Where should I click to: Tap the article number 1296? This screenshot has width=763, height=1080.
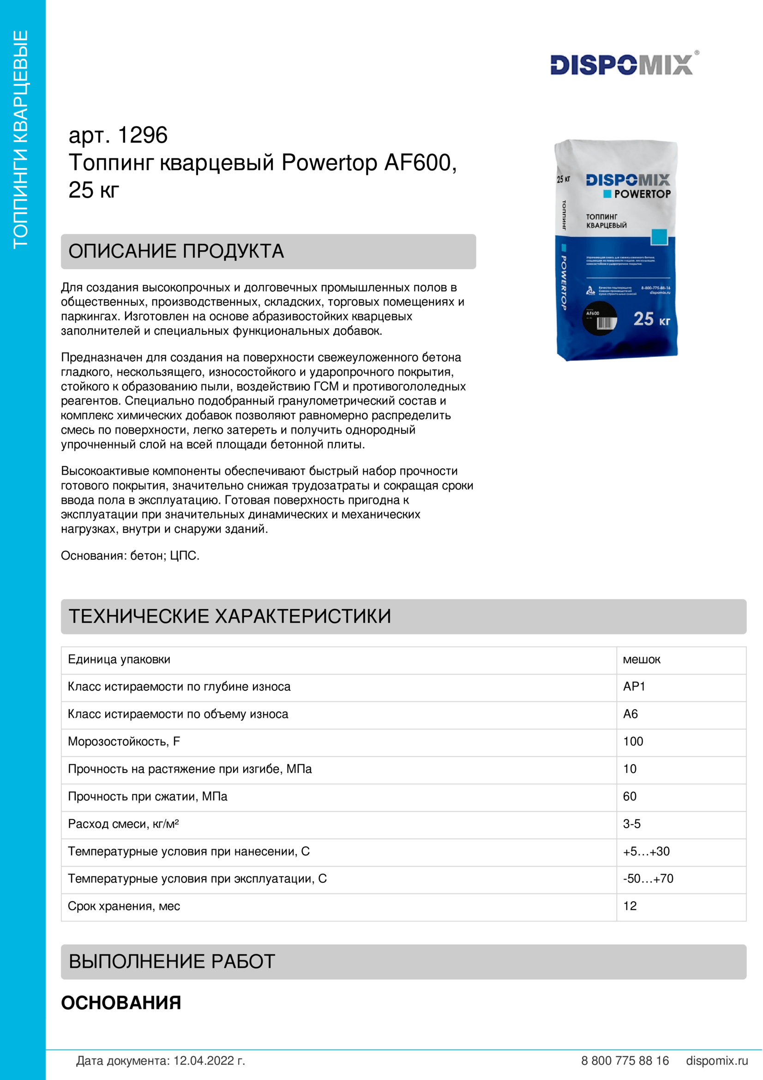point(143,135)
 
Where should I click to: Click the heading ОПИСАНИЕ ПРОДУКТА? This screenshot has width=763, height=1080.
point(176,251)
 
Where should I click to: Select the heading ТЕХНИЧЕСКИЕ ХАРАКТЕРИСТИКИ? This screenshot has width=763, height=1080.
point(230,616)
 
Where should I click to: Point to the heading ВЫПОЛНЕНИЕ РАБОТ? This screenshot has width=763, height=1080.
point(172,961)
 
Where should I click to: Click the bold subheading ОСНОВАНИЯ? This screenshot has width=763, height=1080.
point(121,1002)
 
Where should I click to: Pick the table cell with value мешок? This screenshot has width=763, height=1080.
point(641,659)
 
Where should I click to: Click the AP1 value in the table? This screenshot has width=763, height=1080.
point(634,687)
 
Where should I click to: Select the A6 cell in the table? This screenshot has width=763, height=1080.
point(630,714)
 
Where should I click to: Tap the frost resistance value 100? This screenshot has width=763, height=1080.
point(633,742)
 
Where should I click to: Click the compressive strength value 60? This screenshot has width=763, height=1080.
point(630,796)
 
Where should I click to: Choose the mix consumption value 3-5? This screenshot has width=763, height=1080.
point(631,824)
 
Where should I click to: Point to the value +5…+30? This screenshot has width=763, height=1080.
point(646,851)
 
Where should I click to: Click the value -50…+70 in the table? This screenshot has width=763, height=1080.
point(648,878)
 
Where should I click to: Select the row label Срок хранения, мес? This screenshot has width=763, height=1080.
point(124,906)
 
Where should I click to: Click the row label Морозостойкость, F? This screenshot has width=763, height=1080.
point(124,742)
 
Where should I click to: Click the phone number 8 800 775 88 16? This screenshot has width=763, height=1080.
point(625,1061)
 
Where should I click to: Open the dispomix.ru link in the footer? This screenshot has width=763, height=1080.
point(716,1061)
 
